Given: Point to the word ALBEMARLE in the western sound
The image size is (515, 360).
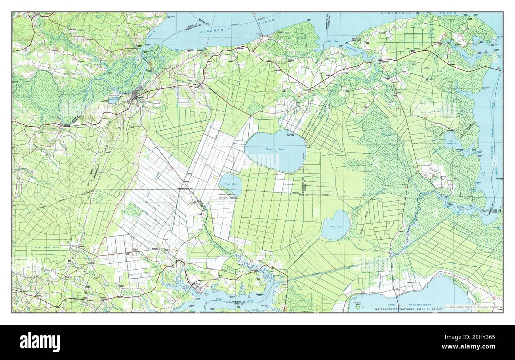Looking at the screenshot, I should [212, 31].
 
